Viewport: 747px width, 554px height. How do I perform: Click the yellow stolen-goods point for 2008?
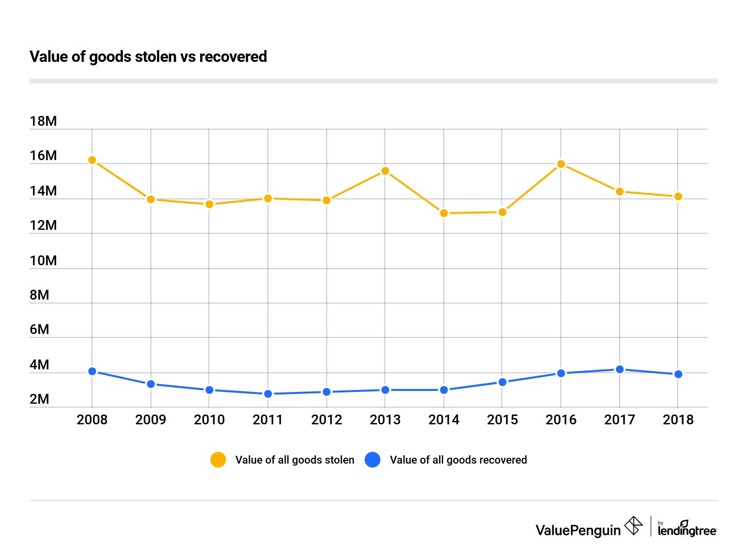pos(92,160)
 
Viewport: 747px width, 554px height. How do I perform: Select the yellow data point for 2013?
pos(385,171)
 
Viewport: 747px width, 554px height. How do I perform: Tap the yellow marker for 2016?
pos(561,164)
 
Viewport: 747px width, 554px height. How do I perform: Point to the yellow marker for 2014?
pos(444,213)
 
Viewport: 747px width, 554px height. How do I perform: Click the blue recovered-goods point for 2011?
pos(268,394)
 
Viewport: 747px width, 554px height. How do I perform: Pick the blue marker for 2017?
pos(620,369)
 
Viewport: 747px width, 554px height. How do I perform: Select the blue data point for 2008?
pos(92,371)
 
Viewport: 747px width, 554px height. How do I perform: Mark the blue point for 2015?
pos(502,382)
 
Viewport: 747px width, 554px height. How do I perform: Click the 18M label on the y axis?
pos(43,121)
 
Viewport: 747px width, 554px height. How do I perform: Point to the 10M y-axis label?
pos(43,261)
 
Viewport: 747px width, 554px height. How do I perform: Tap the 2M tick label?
pos(39,399)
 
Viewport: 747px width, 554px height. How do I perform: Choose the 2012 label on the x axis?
pos(326,420)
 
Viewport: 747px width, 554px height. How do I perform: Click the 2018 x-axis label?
pos(678,420)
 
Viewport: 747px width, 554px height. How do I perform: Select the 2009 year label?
pos(150,420)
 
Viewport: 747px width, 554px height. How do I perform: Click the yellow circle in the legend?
pos(218,460)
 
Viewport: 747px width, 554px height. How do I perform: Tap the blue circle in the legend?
pos(373,460)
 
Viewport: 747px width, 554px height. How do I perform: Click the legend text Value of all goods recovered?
pos(458,460)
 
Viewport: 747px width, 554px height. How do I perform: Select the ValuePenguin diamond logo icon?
pos(633,526)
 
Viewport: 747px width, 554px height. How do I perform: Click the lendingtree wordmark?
pos(687,530)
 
